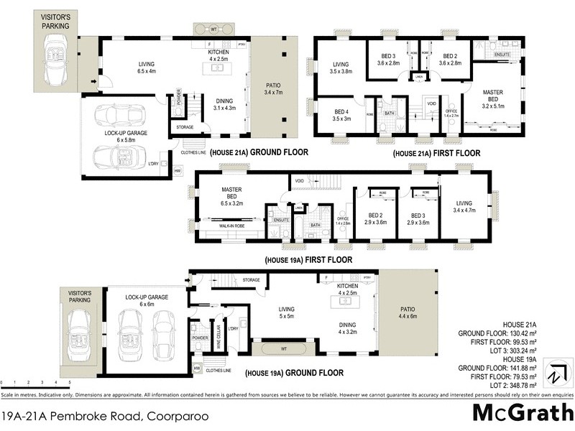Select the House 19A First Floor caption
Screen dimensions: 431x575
pyautogui.click(x=308, y=259)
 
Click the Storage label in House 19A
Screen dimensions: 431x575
pyautogui.click(x=251, y=279)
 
